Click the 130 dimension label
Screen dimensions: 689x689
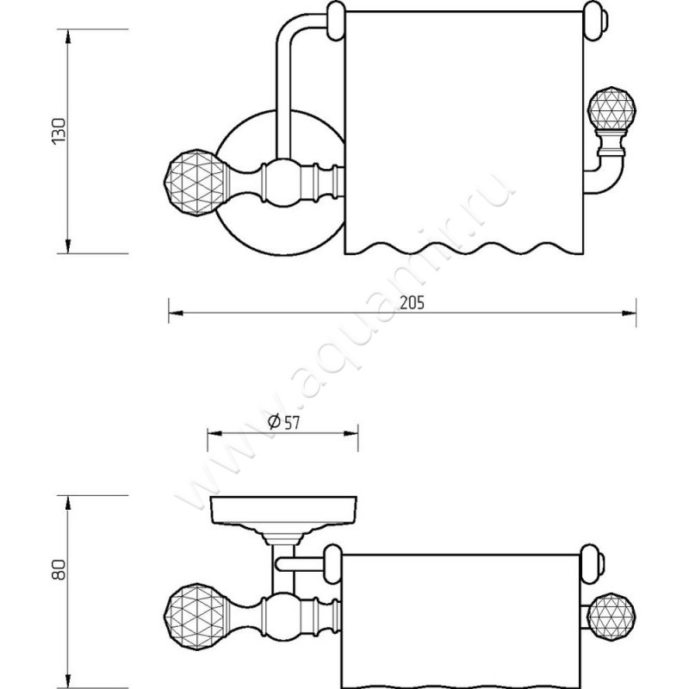59,131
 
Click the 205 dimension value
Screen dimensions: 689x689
413,303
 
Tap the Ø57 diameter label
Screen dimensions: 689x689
284,422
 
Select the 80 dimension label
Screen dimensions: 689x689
59,570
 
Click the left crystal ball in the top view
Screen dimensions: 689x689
195,183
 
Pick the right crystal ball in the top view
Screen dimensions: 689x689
612,109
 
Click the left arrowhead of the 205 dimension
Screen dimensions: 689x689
176,313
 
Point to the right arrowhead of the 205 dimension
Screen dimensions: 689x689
629,313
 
